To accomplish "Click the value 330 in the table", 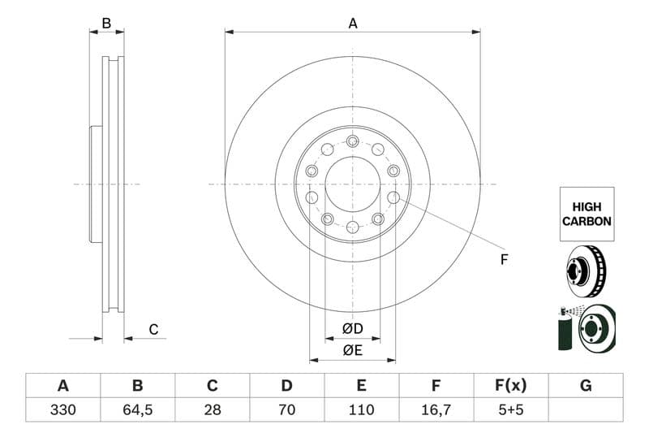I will [x=62, y=409].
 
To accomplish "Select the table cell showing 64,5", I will [x=138, y=409].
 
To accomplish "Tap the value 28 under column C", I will [x=213, y=409].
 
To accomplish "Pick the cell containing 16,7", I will [x=436, y=409].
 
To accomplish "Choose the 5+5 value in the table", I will [x=510, y=409].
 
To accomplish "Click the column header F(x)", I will [x=510, y=385].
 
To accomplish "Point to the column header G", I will [x=586, y=385].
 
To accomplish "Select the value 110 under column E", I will [x=362, y=409].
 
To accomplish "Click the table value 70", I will [x=287, y=409].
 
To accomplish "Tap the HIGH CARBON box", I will [x=586, y=214].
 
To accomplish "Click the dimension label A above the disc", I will [x=353, y=24].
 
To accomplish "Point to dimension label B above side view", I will [x=106, y=24].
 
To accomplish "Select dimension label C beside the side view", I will [x=153, y=329].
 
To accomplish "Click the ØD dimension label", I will [x=352, y=329].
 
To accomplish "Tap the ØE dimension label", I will [x=352, y=350].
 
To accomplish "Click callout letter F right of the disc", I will [x=504, y=260].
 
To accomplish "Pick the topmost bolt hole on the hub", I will [x=352, y=141].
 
